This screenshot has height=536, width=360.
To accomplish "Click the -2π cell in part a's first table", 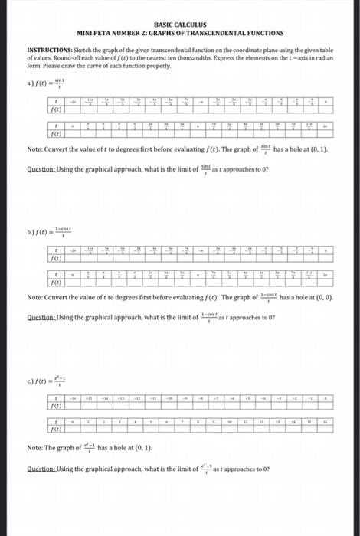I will point(74,100).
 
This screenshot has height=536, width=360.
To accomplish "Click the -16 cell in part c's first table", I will point(74,398).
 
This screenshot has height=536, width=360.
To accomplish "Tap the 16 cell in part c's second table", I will point(324,421).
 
